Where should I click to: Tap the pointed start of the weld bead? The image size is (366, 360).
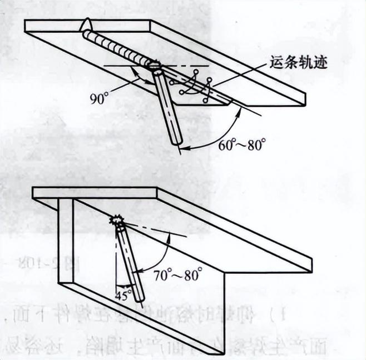pyautogui.click(x=87, y=26)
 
